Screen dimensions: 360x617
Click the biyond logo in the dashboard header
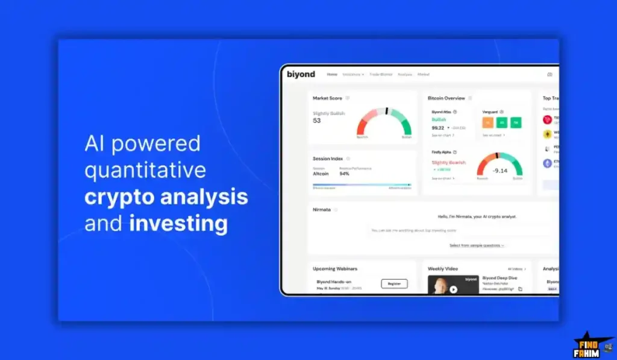(x=301, y=74)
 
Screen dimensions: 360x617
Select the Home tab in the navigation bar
(x=332, y=74)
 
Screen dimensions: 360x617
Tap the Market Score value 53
(x=317, y=121)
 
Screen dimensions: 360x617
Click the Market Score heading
(x=327, y=98)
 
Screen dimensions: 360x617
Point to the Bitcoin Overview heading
(x=446, y=98)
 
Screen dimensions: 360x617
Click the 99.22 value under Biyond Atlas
(x=438, y=128)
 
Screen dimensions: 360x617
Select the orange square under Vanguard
(x=488, y=123)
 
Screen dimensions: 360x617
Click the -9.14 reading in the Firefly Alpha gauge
(x=500, y=171)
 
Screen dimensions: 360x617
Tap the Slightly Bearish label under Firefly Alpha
(x=449, y=163)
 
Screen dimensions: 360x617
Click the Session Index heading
(x=328, y=159)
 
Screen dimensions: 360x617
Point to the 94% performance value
(x=345, y=174)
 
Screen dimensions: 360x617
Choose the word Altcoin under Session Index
(x=321, y=174)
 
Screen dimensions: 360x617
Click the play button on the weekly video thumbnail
(x=453, y=289)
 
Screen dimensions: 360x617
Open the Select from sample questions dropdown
(x=477, y=245)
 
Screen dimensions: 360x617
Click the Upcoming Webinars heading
(x=334, y=268)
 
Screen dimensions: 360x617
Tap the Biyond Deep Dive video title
(x=500, y=278)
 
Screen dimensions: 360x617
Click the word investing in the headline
(x=178, y=224)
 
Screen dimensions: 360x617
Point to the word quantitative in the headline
(x=145, y=170)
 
